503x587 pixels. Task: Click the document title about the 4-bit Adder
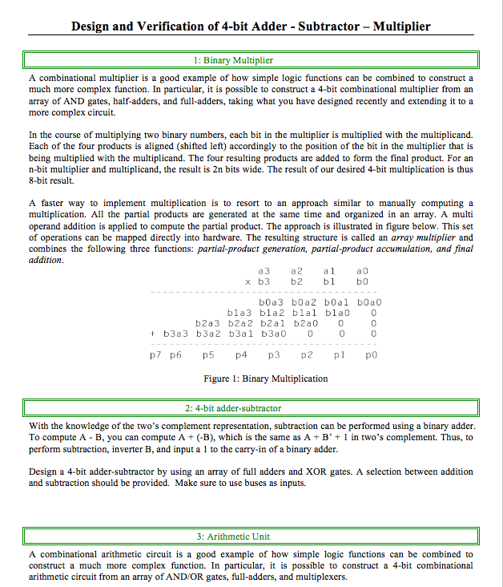pyautogui.click(x=251, y=26)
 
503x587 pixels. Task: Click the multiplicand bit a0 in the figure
pyautogui.click(x=362, y=273)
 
